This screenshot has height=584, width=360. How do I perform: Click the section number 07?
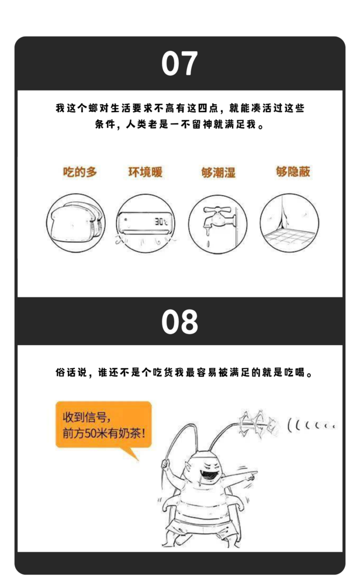pyautogui.click(x=179, y=63)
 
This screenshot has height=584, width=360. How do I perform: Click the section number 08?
pyautogui.click(x=179, y=322)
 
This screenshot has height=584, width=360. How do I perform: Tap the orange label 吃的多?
pyautogui.click(x=79, y=172)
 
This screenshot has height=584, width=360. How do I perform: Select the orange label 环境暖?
pyautogui.click(x=146, y=172)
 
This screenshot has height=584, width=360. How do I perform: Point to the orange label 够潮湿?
pyautogui.click(x=219, y=172)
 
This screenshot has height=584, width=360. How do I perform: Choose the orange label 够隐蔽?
pyautogui.click(x=293, y=172)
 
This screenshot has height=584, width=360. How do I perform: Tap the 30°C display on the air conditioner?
pyautogui.click(x=161, y=222)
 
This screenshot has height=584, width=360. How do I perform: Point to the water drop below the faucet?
pyautogui.click(x=208, y=244)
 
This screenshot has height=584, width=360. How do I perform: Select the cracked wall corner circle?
pyautogui.click(x=289, y=223)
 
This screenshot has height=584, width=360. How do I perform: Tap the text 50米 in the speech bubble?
pyautogui.click(x=98, y=433)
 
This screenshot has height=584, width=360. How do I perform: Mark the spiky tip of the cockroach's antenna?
pyautogui.click(x=257, y=423)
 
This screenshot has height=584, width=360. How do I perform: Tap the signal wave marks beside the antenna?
pyautogui.click(x=311, y=425)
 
